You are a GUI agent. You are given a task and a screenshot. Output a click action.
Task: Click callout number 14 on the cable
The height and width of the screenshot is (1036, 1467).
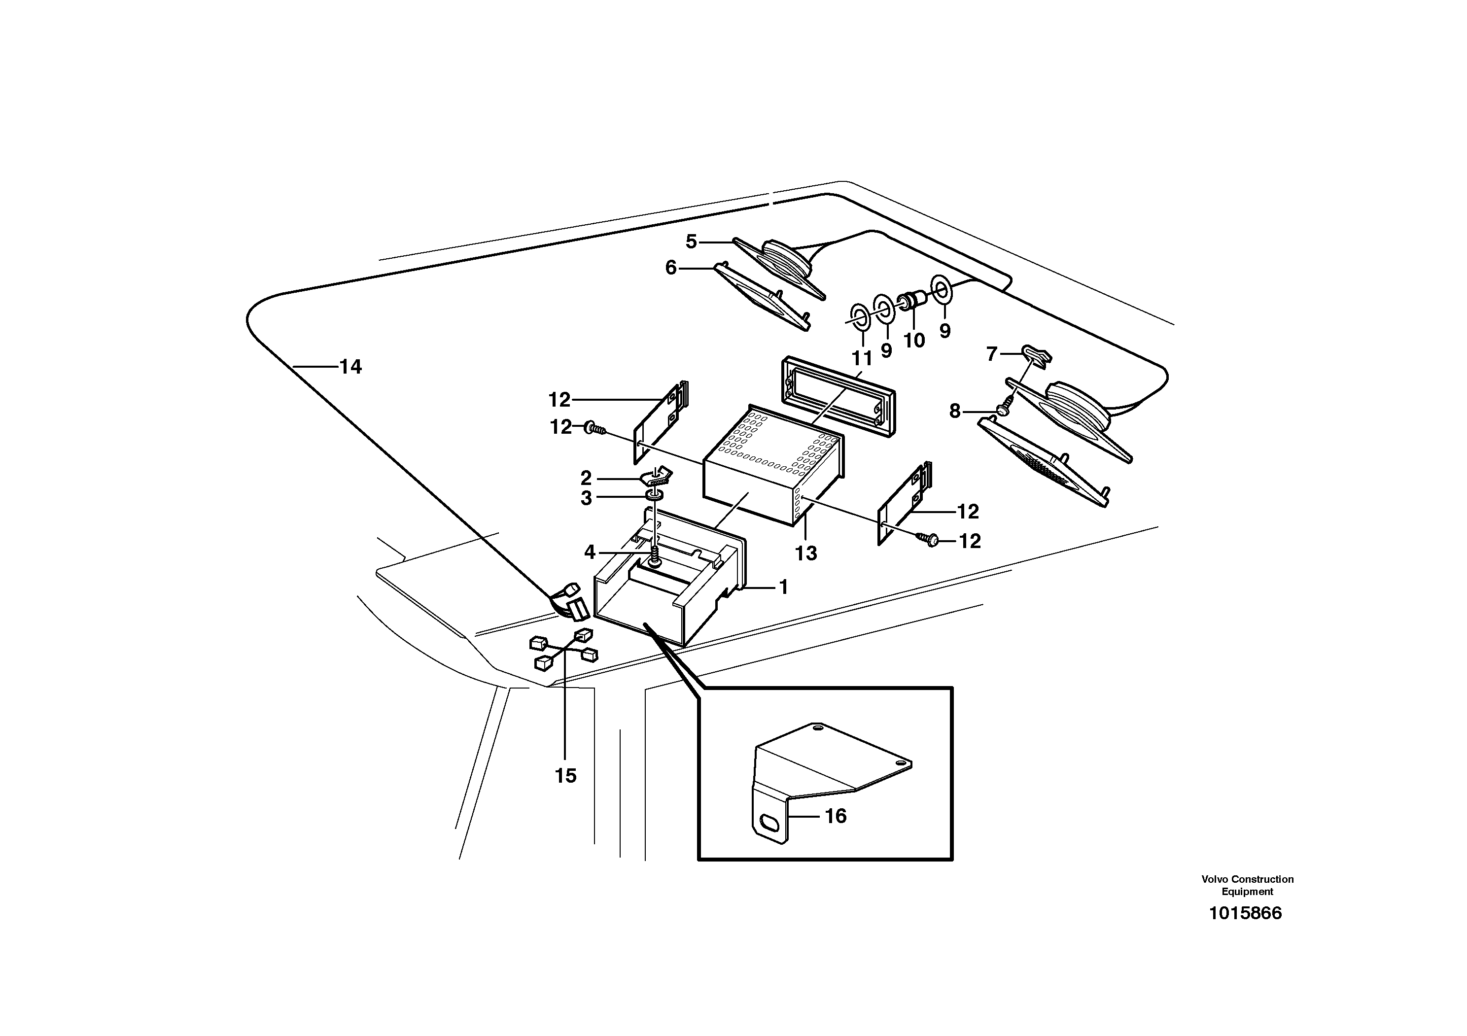click(350, 367)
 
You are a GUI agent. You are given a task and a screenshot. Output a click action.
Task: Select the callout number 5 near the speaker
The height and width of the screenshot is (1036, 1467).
click(691, 242)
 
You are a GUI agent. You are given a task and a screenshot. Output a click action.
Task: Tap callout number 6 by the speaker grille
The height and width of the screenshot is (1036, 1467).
click(670, 268)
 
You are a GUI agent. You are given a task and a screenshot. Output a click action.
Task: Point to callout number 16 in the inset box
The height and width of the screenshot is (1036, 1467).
click(836, 816)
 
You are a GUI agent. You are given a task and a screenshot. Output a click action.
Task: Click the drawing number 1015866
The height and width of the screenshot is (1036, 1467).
click(1245, 913)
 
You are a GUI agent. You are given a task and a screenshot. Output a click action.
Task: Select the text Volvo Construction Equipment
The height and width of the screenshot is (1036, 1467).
click(1247, 885)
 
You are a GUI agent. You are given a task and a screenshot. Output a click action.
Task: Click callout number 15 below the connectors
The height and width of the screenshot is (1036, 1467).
click(565, 776)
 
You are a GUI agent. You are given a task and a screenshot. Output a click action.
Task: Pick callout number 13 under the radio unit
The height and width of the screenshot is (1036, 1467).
click(805, 553)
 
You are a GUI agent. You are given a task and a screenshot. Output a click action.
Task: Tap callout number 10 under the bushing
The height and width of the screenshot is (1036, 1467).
click(914, 341)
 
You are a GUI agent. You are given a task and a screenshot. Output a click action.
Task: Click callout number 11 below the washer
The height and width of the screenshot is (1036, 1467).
click(862, 358)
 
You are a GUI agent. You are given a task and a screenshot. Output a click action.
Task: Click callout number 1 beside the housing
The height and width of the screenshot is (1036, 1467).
click(783, 587)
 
